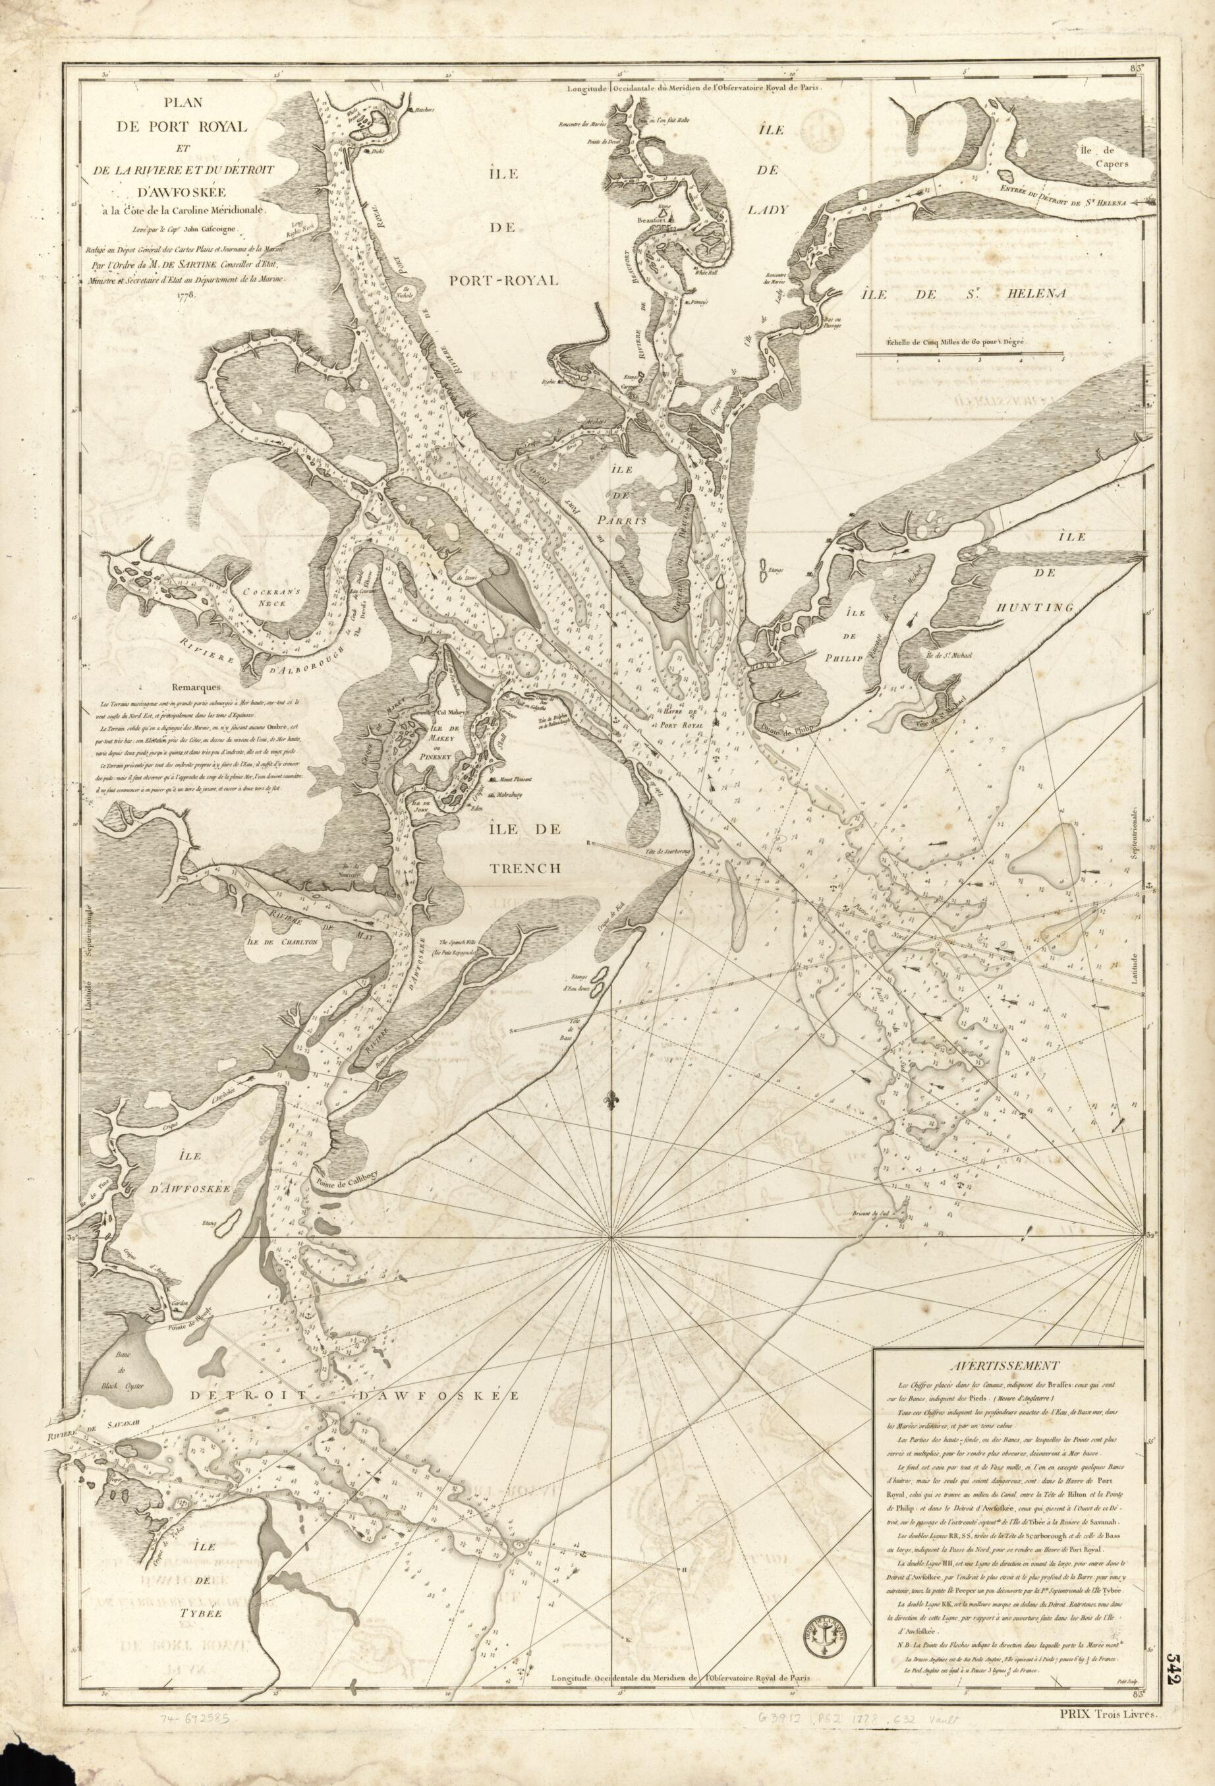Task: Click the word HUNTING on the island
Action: pyautogui.click(x=1034, y=608)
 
